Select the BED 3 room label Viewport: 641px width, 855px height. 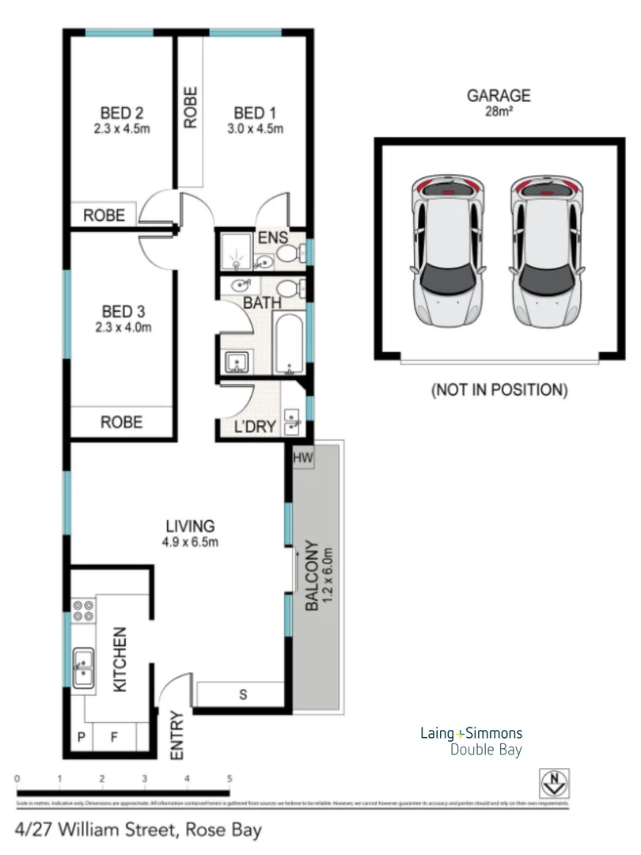pyautogui.click(x=123, y=310)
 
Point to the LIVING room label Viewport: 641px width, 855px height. pyautogui.click(x=190, y=525)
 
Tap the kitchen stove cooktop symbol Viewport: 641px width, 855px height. pyautogui.click(x=84, y=611)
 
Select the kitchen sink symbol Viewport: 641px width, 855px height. pyautogui.click(x=83, y=667)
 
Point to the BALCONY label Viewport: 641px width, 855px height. pyautogui.click(x=312, y=576)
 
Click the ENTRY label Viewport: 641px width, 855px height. pyautogui.click(x=176, y=736)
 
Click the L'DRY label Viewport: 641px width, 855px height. pyautogui.click(x=255, y=427)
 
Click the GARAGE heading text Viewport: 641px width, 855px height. pyautogui.click(x=498, y=96)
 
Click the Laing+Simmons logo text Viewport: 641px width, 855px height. pyautogui.click(x=470, y=733)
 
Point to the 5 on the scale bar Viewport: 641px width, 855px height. pyautogui.click(x=229, y=779)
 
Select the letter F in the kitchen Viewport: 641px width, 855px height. pyautogui.click(x=113, y=737)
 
